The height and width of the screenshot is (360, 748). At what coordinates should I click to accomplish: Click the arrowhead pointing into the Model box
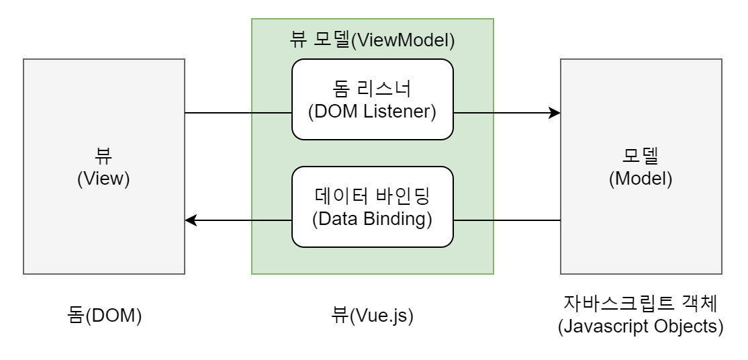(x=555, y=113)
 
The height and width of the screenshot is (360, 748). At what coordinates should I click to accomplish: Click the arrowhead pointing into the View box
(x=191, y=220)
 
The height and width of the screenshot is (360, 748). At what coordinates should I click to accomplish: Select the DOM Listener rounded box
(x=372, y=99)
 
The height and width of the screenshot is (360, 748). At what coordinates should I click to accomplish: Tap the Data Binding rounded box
(x=372, y=207)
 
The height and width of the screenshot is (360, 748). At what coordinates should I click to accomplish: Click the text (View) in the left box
(x=103, y=179)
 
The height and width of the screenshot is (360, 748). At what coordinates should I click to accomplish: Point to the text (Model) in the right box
(x=641, y=179)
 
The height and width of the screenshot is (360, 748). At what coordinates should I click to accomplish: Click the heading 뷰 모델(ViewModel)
(x=372, y=40)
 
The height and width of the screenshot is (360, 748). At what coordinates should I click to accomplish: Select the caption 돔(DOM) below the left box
(x=104, y=316)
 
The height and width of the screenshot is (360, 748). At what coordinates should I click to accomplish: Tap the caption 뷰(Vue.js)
(x=372, y=316)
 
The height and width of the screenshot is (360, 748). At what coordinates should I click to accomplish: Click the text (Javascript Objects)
(x=641, y=326)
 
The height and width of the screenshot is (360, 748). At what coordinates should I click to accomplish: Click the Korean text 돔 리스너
(x=372, y=89)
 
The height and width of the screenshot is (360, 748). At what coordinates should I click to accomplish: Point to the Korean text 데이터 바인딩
(x=372, y=196)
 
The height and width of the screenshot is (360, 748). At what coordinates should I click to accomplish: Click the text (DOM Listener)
(x=372, y=111)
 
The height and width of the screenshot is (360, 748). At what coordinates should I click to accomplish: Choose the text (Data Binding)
(x=372, y=218)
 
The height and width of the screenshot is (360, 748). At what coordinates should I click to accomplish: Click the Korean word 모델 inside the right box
(x=641, y=156)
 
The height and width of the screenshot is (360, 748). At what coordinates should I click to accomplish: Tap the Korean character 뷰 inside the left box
(x=103, y=156)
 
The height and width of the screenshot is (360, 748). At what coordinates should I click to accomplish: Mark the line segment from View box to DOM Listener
(x=238, y=113)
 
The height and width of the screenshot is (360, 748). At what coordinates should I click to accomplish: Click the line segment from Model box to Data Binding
(x=507, y=220)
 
